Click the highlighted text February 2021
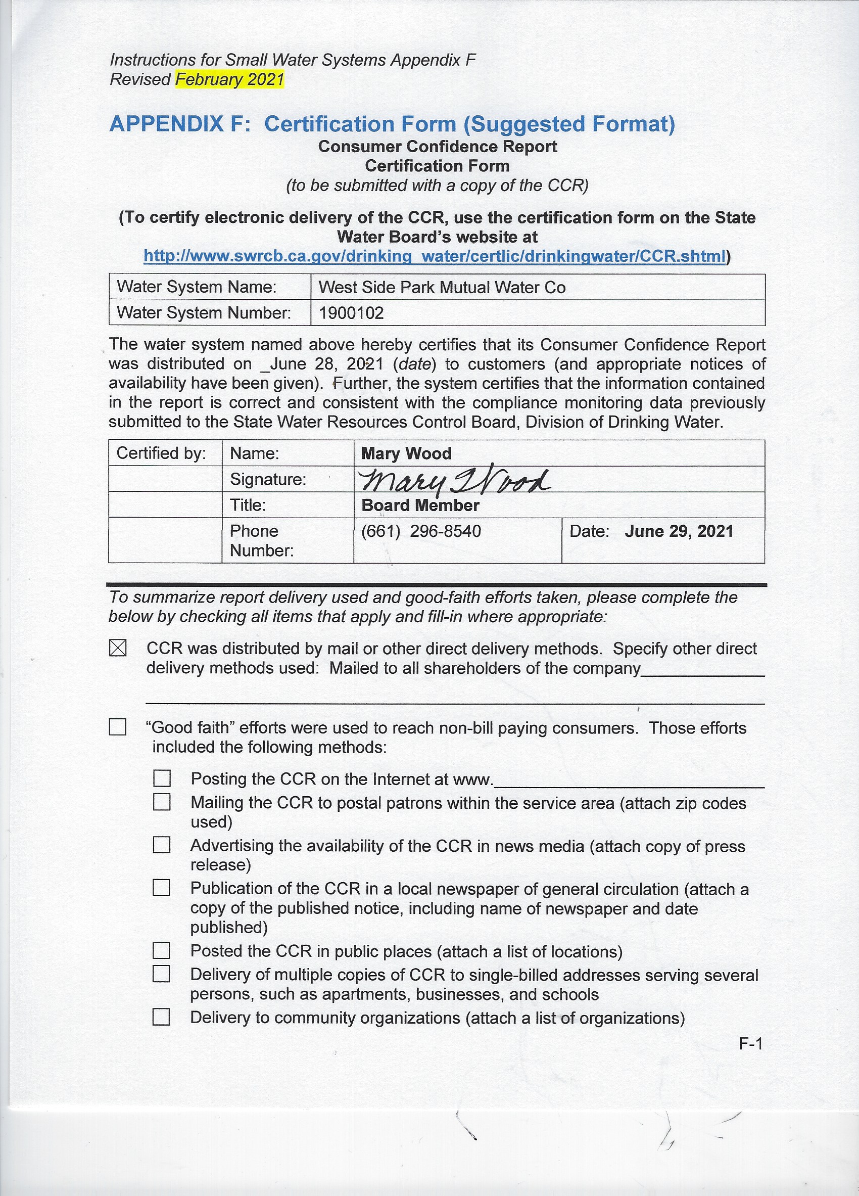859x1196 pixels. pos(229,80)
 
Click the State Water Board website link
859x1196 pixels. pos(434,256)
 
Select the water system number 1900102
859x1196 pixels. pos(351,313)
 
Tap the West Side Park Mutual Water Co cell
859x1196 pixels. pos(442,288)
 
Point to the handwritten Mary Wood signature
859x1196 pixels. pos(454,479)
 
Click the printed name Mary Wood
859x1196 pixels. pos(406,453)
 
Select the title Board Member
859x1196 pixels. pos(420,505)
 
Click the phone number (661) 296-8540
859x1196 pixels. pos(420,531)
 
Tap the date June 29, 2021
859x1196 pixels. pos(679,531)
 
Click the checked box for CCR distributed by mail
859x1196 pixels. pos(118,648)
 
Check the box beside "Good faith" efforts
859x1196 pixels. pos(118,727)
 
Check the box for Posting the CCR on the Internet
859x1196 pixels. pos(162,778)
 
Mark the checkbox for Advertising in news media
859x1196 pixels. pos(162,845)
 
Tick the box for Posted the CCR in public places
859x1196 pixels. pos(161,950)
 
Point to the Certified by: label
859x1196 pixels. pos(161,453)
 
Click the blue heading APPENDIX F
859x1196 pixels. pos(180,124)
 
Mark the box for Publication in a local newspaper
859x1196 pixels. pos(161,888)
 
